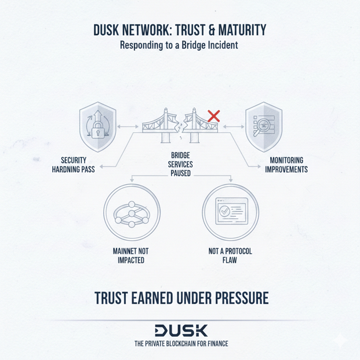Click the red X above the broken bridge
[x=213, y=115]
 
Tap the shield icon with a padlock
[x=97, y=126]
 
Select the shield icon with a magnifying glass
[x=263, y=126]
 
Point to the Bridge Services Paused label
[x=181, y=164]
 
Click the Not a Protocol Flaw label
[x=230, y=256]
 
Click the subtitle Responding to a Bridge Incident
[x=179, y=45]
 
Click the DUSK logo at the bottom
[x=181, y=330]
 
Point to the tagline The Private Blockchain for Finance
[x=181, y=344]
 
